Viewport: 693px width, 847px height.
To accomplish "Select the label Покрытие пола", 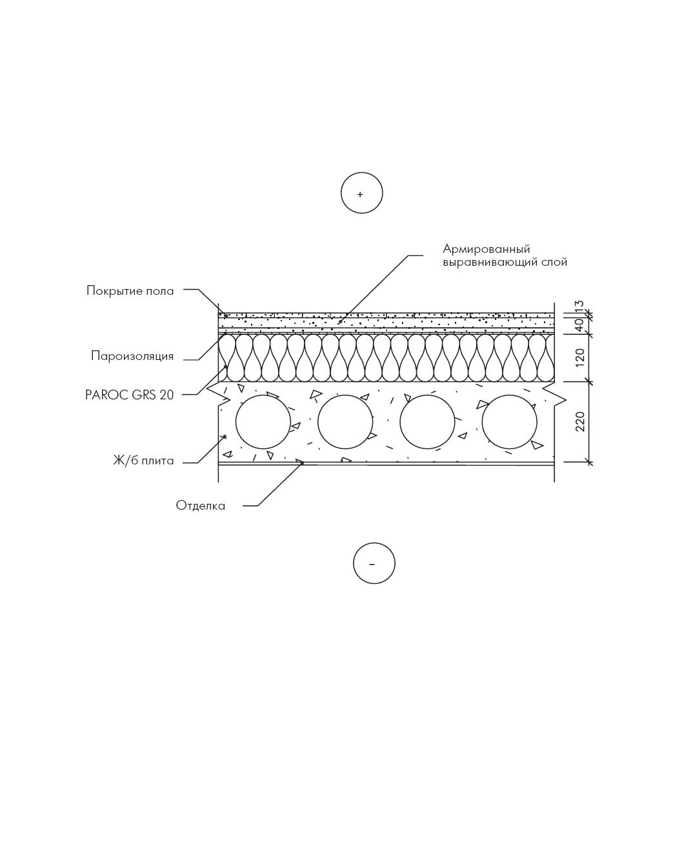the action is (x=130, y=291).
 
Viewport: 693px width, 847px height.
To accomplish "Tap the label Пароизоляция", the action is (x=132, y=356).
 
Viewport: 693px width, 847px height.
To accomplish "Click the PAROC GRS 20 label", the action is (x=129, y=395).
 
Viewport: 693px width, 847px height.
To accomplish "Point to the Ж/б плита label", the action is (x=143, y=461).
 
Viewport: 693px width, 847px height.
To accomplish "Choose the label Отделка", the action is (x=201, y=506).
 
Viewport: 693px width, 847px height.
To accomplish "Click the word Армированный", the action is (x=487, y=250).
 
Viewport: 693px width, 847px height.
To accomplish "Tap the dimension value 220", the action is (x=580, y=421).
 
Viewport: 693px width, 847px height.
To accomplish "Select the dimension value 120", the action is (x=580, y=357).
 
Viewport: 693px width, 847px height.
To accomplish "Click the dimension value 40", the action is (x=580, y=325).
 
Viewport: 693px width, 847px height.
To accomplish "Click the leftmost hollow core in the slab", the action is (x=236, y=422).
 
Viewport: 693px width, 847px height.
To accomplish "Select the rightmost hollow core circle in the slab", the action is (x=482, y=422).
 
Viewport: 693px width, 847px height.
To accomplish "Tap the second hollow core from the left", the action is (x=317, y=422).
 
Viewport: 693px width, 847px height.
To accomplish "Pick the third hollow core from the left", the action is (x=400, y=422).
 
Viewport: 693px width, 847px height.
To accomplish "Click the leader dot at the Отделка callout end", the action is (x=302, y=463).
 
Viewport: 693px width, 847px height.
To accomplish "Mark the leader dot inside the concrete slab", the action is (x=225, y=436).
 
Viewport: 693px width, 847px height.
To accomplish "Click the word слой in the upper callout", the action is (x=554, y=263).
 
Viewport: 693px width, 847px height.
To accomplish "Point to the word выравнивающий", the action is (x=490, y=263).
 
